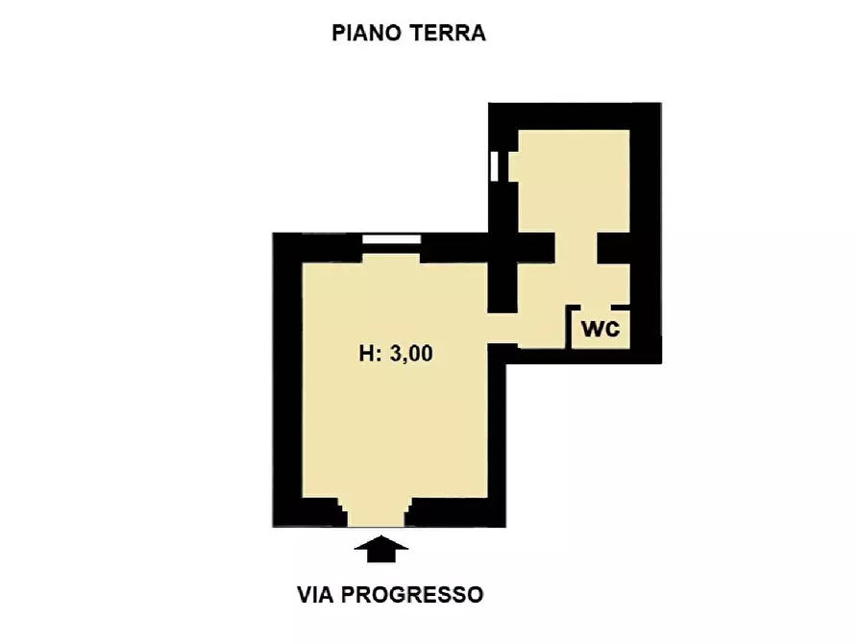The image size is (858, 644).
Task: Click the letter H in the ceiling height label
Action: point(367,355)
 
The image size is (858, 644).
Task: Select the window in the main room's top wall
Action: point(391,239)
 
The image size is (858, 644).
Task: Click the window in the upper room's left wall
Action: point(494,165)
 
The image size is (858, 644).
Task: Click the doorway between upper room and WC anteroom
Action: point(576,248)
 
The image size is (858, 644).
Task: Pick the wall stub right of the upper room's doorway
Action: point(615,248)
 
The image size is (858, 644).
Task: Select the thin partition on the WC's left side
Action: point(570,327)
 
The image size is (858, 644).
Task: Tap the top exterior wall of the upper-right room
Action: point(575,115)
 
